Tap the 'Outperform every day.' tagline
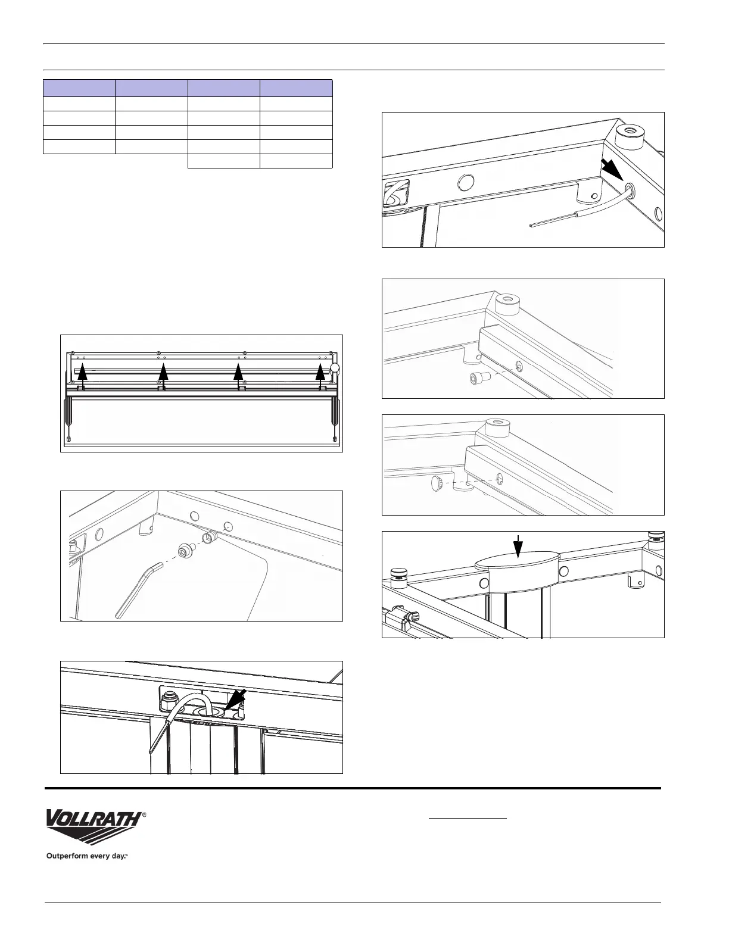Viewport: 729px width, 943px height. (88, 856)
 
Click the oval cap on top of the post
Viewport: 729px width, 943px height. (517, 563)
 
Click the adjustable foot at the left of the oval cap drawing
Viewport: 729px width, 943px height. (397, 576)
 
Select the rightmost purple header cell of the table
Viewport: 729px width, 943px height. (296, 88)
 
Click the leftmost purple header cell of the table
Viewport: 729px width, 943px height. (79, 88)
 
